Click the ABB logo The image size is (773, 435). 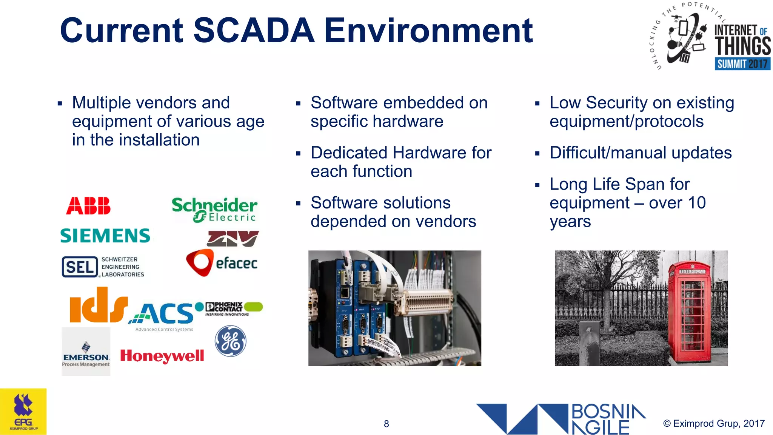88,206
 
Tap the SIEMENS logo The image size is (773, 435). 105,236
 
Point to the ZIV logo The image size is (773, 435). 233,239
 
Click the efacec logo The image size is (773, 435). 222,263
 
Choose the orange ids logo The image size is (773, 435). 99,305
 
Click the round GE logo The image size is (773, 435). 230,341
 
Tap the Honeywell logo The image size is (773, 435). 162,356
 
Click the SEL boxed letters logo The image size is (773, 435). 80,267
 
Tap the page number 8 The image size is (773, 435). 386,424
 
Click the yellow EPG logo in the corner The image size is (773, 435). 23,412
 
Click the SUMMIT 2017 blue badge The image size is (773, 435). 742,63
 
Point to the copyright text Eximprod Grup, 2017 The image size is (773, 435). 714,423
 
